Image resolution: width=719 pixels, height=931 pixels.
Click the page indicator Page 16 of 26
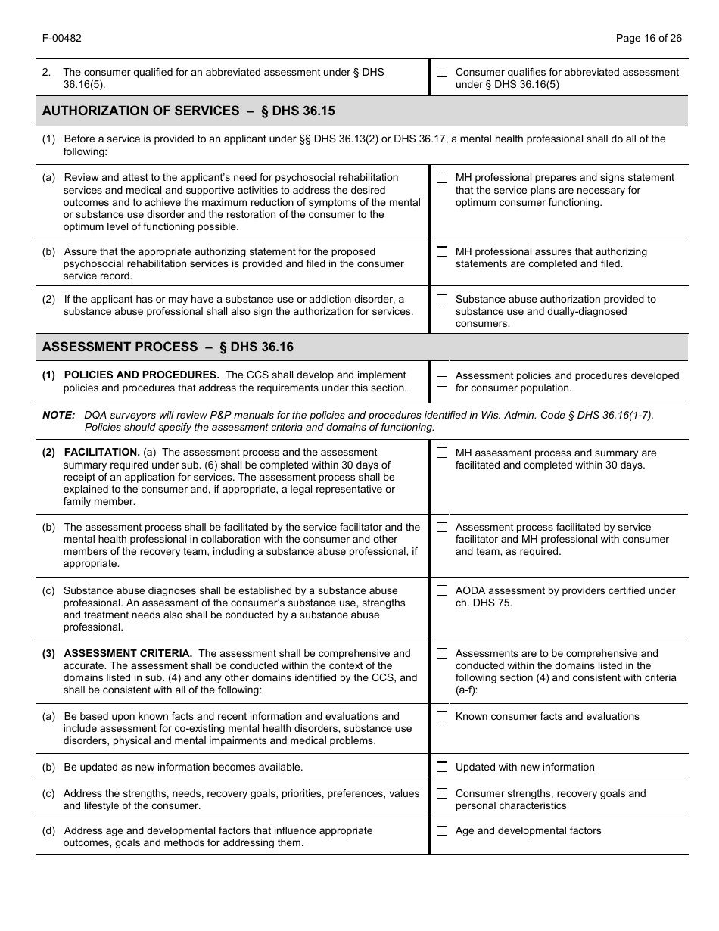[x=649, y=38]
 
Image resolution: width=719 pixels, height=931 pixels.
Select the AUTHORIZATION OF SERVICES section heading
[x=188, y=111]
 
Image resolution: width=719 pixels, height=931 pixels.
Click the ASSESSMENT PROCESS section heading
[x=168, y=347]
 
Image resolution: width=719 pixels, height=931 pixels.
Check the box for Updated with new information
[x=442, y=767]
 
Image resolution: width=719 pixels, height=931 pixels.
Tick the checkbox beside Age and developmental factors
[x=442, y=830]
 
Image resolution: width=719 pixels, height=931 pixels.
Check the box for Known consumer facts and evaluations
[x=442, y=716]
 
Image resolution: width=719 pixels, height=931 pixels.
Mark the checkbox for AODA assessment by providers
[x=442, y=590]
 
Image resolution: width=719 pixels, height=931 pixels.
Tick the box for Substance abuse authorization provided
[x=442, y=299]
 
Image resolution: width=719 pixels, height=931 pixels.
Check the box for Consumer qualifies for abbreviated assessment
[x=442, y=72]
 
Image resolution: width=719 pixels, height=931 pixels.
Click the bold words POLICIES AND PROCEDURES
[x=142, y=375]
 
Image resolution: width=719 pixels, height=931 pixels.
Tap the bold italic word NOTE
[x=58, y=415]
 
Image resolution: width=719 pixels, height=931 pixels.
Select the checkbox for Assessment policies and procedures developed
[x=442, y=381]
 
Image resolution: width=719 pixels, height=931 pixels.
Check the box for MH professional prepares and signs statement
[x=442, y=177]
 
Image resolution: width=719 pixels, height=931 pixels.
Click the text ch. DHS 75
[x=484, y=603]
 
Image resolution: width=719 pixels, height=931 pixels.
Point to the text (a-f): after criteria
[x=467, y=690]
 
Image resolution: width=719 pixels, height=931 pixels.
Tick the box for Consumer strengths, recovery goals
[x=442, y=793]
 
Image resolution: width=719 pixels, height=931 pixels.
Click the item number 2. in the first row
[x=46, y=72]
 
